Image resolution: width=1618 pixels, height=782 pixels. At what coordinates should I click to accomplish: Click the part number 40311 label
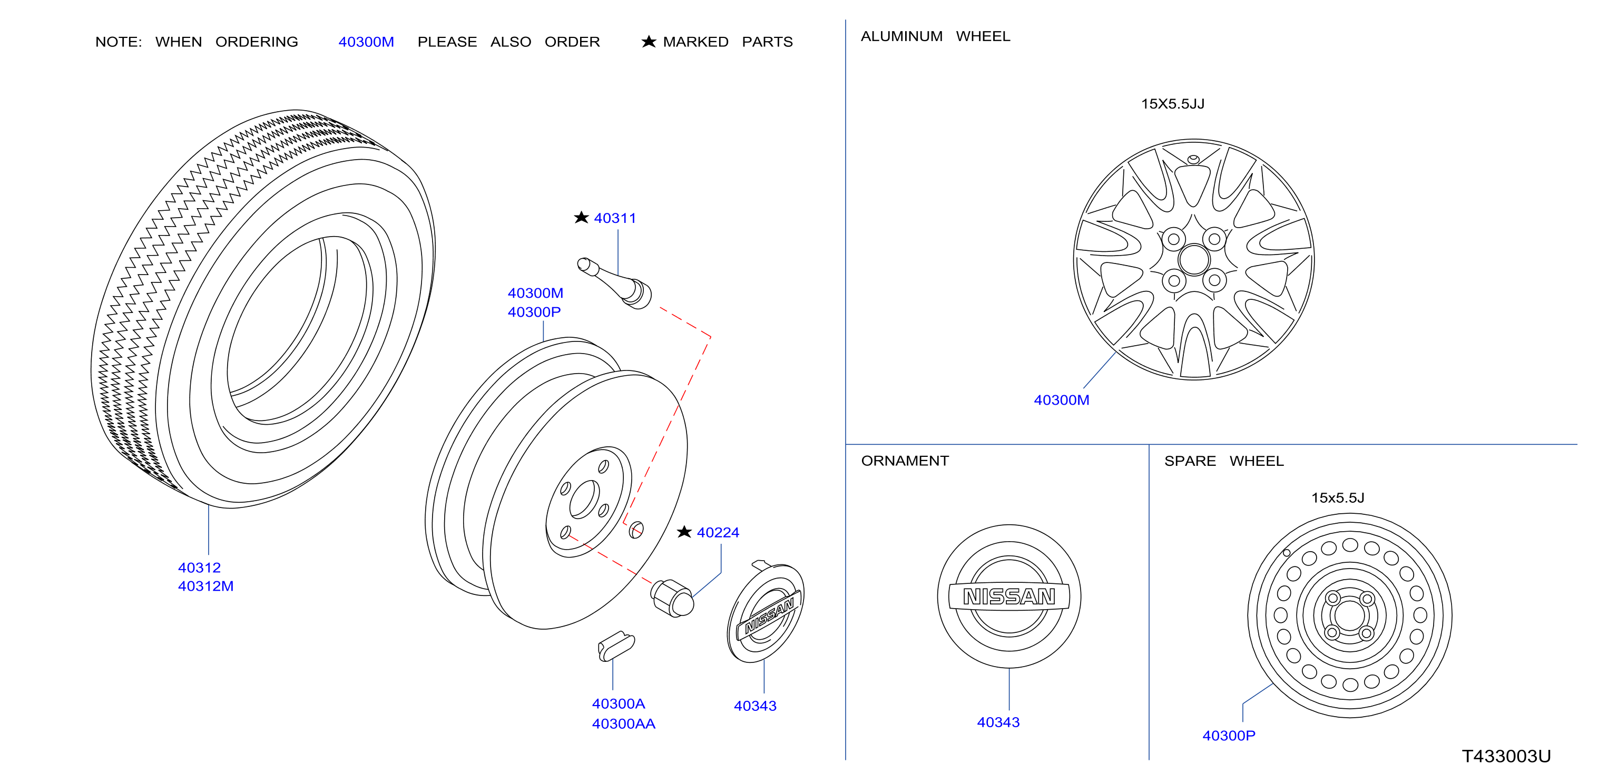point(615,218)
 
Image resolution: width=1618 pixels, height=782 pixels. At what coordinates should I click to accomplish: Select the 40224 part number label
point(718,533)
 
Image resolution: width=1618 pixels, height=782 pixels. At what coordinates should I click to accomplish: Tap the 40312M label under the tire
point(205,586)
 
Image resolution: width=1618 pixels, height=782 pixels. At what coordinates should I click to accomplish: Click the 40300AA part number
point(623,724)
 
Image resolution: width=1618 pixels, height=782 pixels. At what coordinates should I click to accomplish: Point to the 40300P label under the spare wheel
point(1229,736)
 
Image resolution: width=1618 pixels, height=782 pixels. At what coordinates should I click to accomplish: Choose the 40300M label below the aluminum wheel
point(1062,400)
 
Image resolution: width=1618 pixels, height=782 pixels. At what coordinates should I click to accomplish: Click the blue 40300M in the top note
point(366,42)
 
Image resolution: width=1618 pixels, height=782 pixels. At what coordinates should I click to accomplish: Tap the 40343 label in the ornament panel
point(998,722)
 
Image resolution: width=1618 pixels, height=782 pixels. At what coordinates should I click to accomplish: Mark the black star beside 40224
point(684,532)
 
